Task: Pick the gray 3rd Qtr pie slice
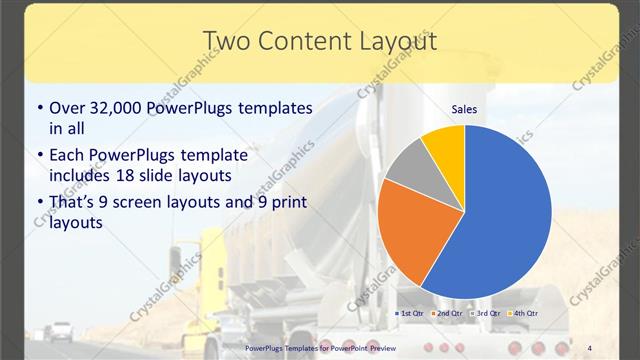coord(408,167)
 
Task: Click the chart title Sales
coord(464,108)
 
